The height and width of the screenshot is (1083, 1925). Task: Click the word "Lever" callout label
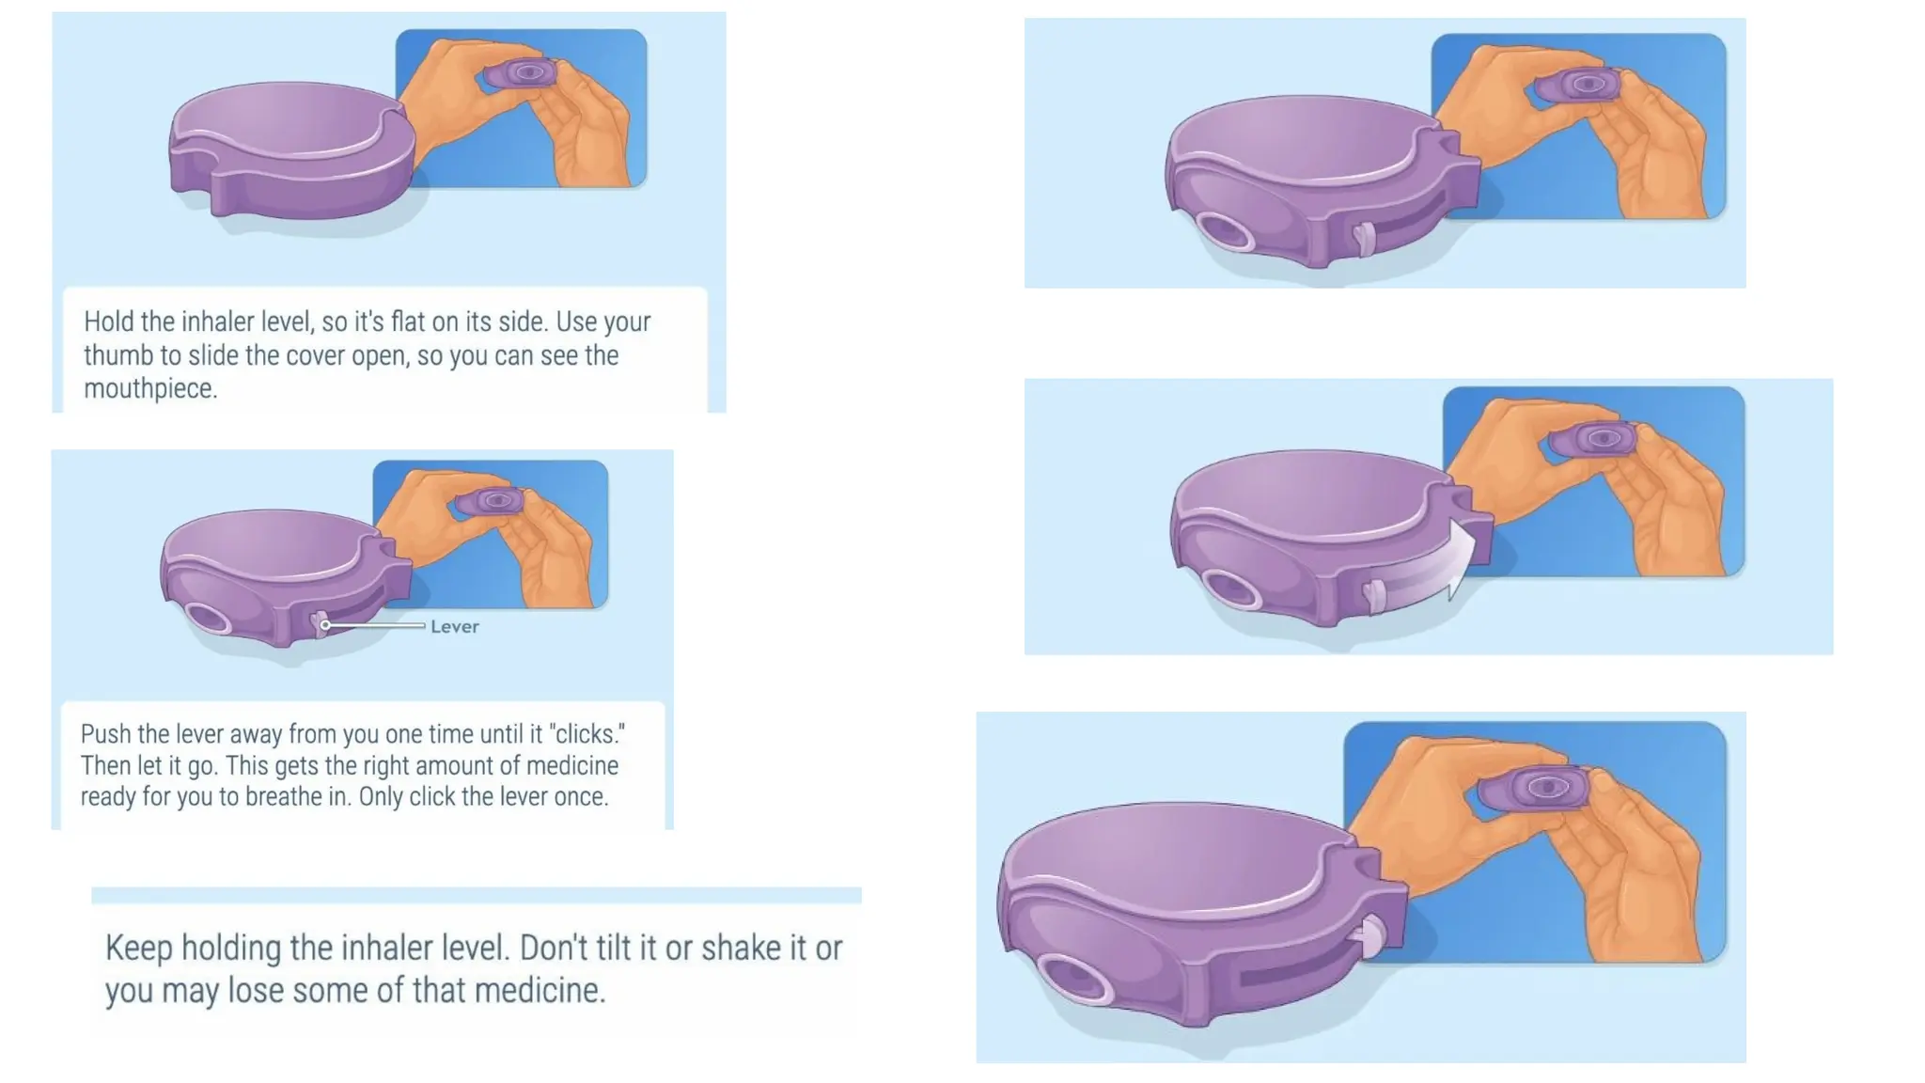point(455,626)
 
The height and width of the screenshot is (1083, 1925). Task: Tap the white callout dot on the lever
point(325,624)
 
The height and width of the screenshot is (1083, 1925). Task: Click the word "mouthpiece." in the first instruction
point(150,388)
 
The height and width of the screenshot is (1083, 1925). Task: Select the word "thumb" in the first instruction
point(117,355)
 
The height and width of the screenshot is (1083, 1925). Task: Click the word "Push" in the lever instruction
point(102,733)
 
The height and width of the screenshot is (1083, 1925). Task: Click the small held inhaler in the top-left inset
point(521,73)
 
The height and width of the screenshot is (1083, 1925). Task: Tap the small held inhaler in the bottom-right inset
point(1533,789)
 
